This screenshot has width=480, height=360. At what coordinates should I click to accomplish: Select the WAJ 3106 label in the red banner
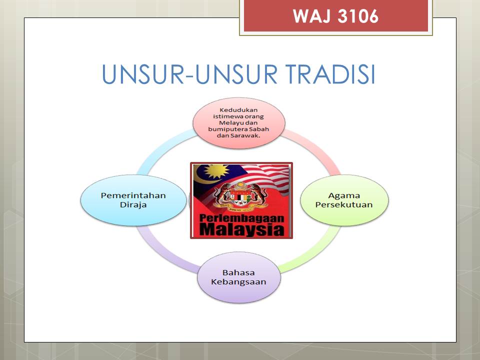point(335,16)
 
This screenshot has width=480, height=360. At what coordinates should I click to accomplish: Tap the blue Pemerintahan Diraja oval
point(133,200)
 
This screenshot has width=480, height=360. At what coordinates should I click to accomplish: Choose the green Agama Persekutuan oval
point(344,200)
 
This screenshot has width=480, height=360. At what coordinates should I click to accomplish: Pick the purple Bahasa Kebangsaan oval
point(239,277)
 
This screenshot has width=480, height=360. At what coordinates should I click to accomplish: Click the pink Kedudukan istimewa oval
point(239,123)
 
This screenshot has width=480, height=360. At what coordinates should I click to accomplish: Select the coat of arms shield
point(241,197)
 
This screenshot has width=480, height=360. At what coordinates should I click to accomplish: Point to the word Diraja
point(133,205)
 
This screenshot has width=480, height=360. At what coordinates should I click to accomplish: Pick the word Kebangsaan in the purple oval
point(238,282)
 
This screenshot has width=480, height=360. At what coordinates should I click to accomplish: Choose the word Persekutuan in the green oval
point(344,205)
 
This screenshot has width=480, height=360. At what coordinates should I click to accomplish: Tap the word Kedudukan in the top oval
point(238,110)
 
